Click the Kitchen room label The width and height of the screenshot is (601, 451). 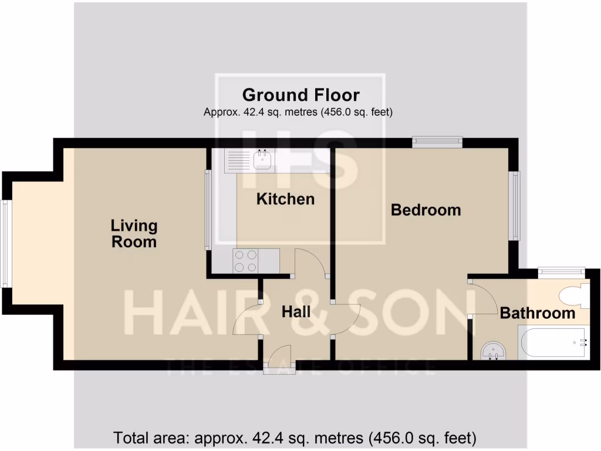point(285,199)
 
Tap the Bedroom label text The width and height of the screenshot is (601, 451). point(426,210)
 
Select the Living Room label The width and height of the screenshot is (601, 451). point(134,233)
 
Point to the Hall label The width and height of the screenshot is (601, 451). point(296,312)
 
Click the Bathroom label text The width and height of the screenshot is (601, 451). point(537,313)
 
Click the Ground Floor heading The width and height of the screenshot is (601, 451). point(300,95)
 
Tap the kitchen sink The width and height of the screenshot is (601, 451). point(262,159)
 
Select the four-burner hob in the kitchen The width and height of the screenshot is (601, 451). point(245,261)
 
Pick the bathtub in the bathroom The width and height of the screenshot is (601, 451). point(552,344)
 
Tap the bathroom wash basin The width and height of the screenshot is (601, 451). point(492,351)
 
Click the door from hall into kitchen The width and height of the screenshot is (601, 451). point(309,262)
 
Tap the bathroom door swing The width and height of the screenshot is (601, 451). point(484,299)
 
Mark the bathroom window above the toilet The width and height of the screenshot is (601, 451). point(562,271)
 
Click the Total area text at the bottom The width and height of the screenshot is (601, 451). point(295,437)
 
